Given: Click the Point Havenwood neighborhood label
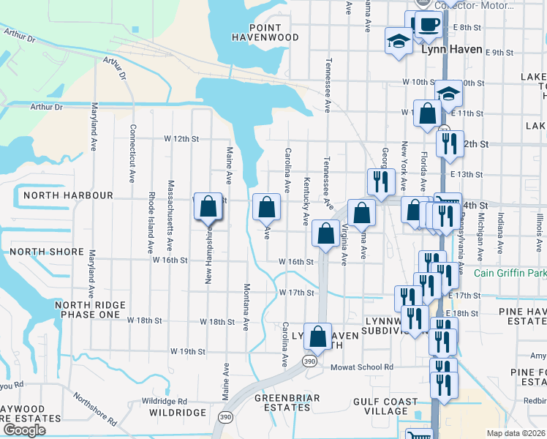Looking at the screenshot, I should tap(265, 31).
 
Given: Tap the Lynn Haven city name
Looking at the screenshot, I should tap(452, 50).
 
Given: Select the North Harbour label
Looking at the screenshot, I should tap(68, 195).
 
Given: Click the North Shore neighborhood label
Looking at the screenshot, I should tap(42, 251).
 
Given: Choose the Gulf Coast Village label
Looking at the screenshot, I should tap(389, 407).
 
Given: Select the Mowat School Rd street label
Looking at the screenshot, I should tap(361, 367).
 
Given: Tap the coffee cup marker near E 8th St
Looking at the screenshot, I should tap(429, 23).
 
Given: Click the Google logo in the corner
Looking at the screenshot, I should tap(23, 430).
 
